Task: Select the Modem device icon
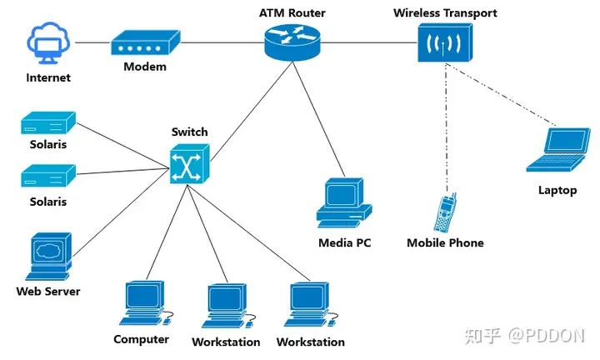(x=145, y=42)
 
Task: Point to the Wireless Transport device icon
(x=445, y=42)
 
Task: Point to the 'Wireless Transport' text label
(x=445, y=12)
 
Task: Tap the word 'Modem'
(x=145, y=67)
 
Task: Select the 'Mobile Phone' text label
(x=445, y=243)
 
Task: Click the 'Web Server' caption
(x=48, y=292)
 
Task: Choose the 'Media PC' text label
(x=344, y=243)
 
